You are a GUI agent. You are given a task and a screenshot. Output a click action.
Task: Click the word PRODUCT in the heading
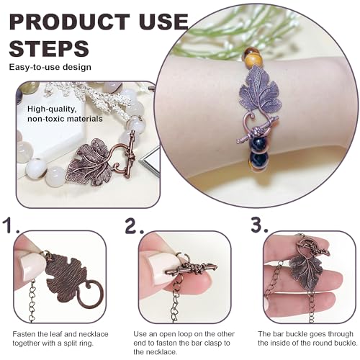pos(70,22)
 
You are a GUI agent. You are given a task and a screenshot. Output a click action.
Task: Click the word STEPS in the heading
pos(49,48)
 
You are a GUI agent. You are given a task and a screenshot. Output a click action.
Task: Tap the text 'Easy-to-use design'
pos(50,67)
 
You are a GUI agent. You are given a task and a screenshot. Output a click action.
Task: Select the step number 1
pos(11,225)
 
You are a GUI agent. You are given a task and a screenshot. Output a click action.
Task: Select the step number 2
pos(134,225)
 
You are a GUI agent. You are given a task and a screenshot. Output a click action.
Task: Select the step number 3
pos(259,225)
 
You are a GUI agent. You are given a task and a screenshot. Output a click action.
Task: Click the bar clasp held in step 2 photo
pos(192,269)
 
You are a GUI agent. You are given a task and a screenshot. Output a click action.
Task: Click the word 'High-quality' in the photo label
pos(52,109)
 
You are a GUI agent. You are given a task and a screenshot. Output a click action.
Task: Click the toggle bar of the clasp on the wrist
pos(258,130)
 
